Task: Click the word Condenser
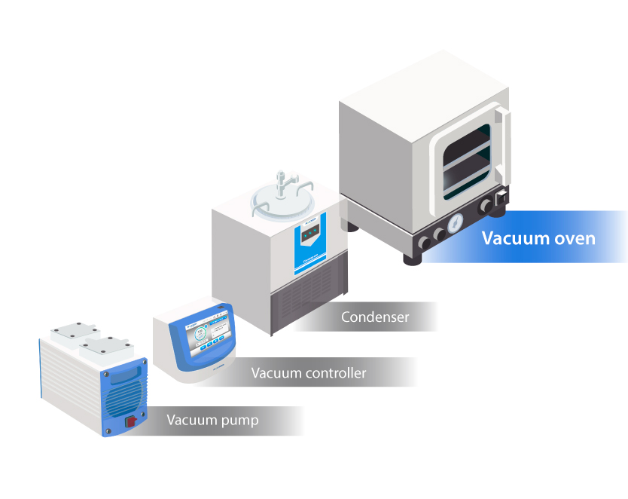[x=375, y=317]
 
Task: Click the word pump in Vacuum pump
[x=236, y=421]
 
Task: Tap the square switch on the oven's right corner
[x=498, y=201]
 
